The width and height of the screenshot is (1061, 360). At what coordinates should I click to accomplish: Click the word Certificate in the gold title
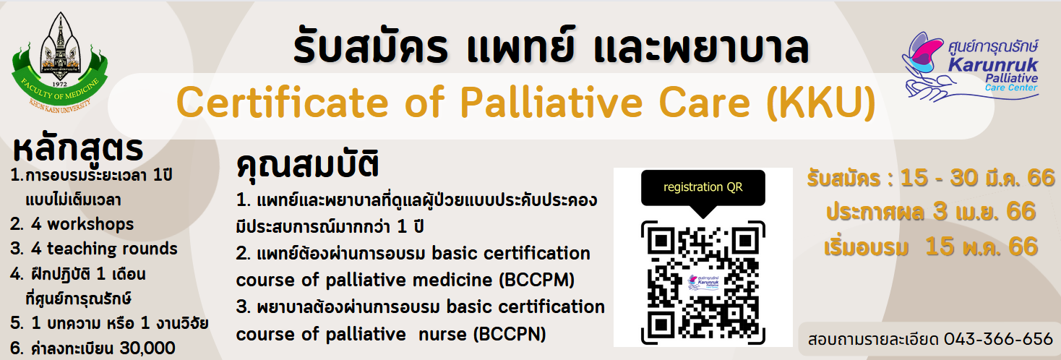(283, 103)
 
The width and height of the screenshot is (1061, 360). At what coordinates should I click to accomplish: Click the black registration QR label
(703, 187)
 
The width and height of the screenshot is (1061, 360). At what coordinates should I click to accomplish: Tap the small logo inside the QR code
(703, 283)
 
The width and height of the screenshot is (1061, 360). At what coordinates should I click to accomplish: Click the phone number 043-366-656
(998, 339)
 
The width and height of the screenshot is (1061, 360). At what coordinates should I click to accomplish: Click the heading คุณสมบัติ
(308, 165)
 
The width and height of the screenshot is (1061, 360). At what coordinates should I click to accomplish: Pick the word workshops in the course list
(90, 224)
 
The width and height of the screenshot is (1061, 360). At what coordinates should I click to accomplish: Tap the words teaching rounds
(112, 249)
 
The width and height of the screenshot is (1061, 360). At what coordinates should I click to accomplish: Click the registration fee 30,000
(147, 348)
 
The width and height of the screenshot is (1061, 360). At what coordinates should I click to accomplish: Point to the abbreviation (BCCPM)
(537, 280)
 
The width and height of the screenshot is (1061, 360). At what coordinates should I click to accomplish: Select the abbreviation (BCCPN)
(510, 335)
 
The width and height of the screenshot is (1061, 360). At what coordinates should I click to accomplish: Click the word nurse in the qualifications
(442, 335)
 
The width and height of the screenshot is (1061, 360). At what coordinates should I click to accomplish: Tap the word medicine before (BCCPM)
(453, 280)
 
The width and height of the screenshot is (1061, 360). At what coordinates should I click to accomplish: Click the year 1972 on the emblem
(60, 85)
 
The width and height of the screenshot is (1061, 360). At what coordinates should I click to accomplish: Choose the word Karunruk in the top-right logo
(993, 64)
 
